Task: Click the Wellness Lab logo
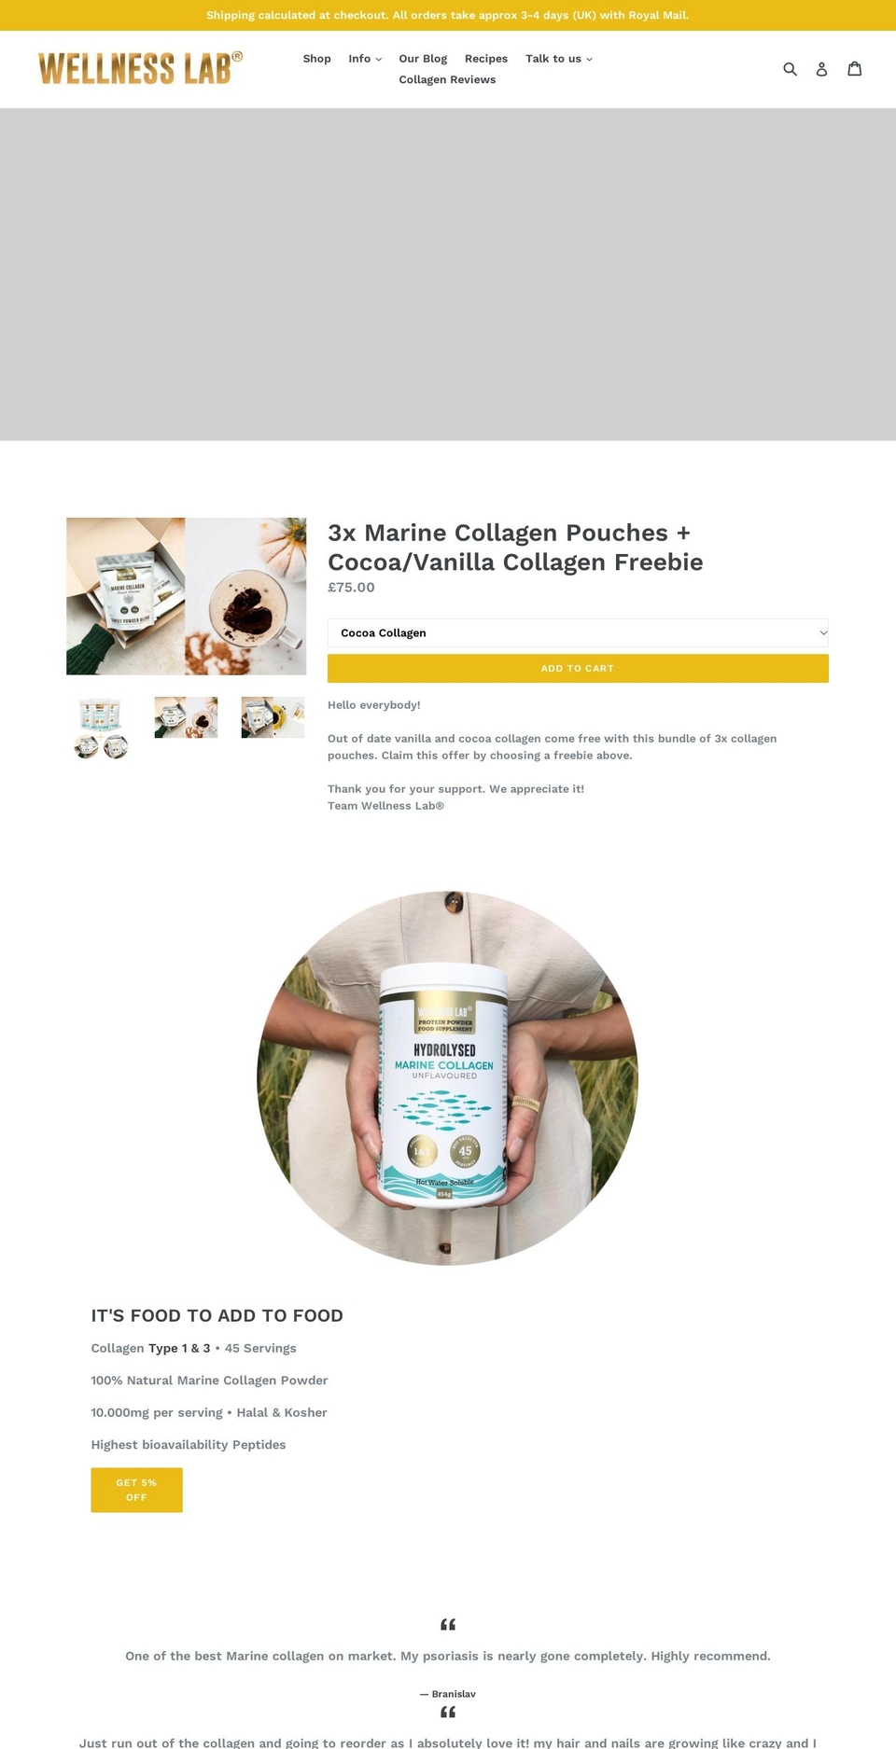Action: pyautogui.click(x=140, y=68)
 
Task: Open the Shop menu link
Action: pyautogui.click(x=316, y=59)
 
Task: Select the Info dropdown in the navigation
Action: pyautogui.click(x=365, y=59)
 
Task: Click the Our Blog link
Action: pyautogui.click(x=423, y=59)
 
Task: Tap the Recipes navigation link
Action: pyautogui.click(x=486, y=59)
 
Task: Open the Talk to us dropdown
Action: pyautogui.click(x=558, y=59)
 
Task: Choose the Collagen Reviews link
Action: pyautogui.click(x=447, y=80)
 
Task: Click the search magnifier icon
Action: pyautogui.click(x=790, y=69)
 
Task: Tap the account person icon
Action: pyautogui.click(x=821, y=69)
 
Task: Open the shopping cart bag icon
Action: pyautogui.click(x=854, y=69)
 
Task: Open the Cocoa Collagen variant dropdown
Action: pyautogui.click(x=578, y=632)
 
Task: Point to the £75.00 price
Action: pyautogui.click(x=351, y=588)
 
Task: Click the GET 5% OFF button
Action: pyautogui.click(x=136, y=1490)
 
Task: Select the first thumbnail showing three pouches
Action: pyautogui.click(x=100, y=728)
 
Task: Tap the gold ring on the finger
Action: pyautogui.click(x=525, y=1104)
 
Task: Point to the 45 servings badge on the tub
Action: pyautogui.click(x=465, y=1152)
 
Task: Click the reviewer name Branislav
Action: pyautogui.click(x=454, y=1694)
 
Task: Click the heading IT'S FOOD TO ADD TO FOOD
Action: pyautogui.click(x=217, y=1315)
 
